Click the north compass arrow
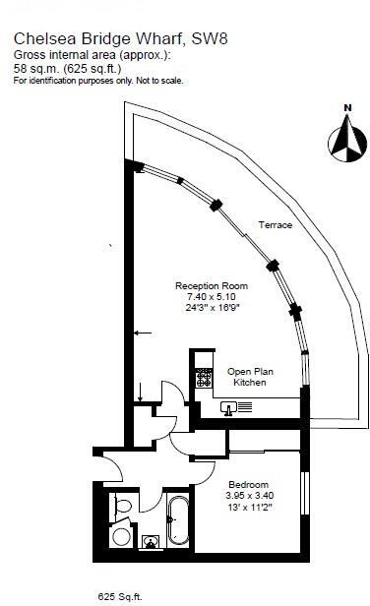coord(346,138)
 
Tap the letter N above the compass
coord(346,108)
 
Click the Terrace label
coord(275,226)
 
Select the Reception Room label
coord(204,284)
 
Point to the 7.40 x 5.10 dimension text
coord(204,296)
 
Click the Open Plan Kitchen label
coord(247,376)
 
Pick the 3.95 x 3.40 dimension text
coord(250,497)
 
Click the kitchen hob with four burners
coord(205,376)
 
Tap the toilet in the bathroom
coord(120,507)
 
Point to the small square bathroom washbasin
coord(152,542)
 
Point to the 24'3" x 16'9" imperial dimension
coord(204,308)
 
